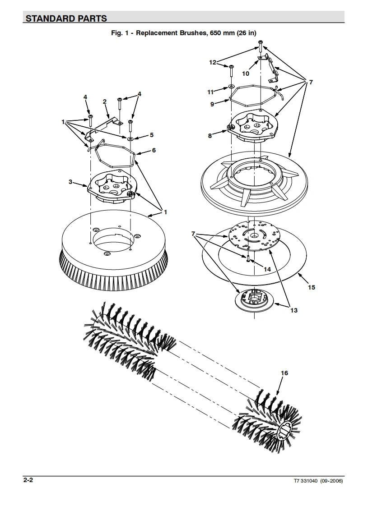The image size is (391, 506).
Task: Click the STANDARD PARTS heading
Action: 66,18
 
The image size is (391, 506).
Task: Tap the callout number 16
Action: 284,373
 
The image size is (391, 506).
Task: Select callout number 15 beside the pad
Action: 312,287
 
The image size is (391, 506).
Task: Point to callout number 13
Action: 293,310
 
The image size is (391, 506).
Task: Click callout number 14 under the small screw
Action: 267,269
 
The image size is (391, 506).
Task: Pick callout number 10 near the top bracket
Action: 246,74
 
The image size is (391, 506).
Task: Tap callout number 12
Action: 213,63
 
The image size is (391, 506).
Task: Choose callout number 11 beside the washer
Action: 210,92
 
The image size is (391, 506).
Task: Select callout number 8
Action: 210,135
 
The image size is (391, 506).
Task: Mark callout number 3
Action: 70,182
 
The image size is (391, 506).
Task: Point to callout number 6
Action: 154,150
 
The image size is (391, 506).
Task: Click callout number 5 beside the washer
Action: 151,135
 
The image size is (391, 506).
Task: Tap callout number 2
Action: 105,101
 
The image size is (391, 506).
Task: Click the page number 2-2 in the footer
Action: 28,481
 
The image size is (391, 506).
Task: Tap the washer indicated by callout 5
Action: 130,138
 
